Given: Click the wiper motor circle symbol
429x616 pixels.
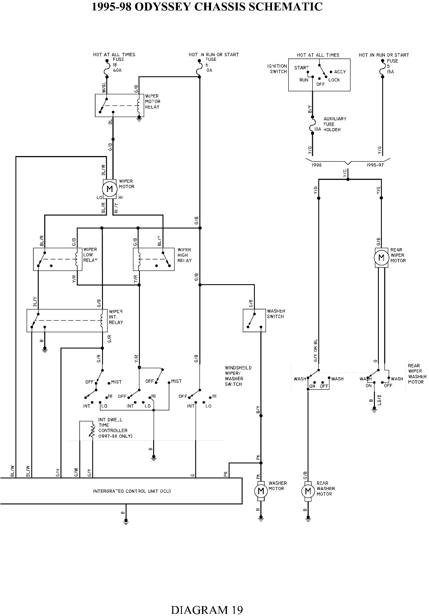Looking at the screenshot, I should [109, 189].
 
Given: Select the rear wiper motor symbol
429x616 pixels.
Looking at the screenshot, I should [381, 258].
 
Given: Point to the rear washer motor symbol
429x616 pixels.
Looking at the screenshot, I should [308, 490].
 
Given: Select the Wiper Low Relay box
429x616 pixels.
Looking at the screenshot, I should [57, 259].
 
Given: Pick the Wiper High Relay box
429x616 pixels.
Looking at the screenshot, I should [154, 259].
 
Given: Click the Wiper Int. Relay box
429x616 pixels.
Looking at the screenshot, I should [67, 320].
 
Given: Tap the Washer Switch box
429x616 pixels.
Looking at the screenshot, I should [254, 320].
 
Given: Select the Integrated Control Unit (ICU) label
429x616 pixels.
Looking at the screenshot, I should [132, 491].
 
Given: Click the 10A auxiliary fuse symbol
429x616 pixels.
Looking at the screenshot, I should [312, 128].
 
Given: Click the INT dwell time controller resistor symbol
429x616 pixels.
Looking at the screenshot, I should [92, 430].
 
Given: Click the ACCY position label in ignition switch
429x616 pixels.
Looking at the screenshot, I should [340, 72].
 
